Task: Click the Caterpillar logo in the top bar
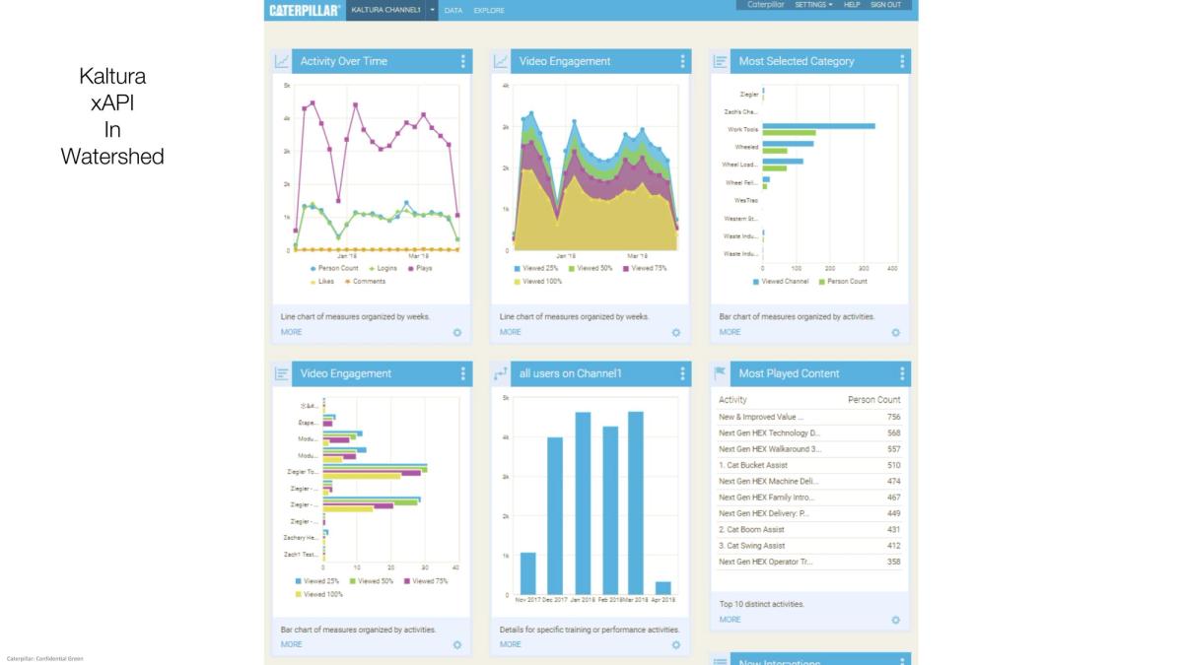pyautogui.click(x=305, y=10)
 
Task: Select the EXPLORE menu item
pyautogui.click(x=489, y=11)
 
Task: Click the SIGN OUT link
pyautogui.click(x=885, y=5)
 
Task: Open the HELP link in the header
pyautogui.click(x=852, y=5)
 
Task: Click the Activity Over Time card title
pyautogui.click(x=343, y=61)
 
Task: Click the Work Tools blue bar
pyautogui.click(x=818, y=126)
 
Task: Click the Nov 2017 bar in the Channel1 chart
pyautogui.click(x=528, y=573)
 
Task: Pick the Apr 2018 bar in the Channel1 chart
pyautogui.click(x=663, y=588)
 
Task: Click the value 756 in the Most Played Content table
pyautogui.click(x=893, y=417)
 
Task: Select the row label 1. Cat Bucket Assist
pyautogui.click(x=754, y=465)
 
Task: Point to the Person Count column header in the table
pyautogui.click(x=873, y=400)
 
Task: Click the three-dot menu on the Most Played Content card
pyautogui.click(x=901, y=373)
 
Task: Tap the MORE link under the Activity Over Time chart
pyautogui.click(x=291, y=332)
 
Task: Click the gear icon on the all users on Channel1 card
pyautogui.click(x=676, y=644)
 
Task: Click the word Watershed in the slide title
pyautogui.click(x=111, y=157)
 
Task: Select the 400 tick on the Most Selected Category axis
pyautogui.click(x=892, y=268)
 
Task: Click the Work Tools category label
pyautogui.click(x=742, y=130)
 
